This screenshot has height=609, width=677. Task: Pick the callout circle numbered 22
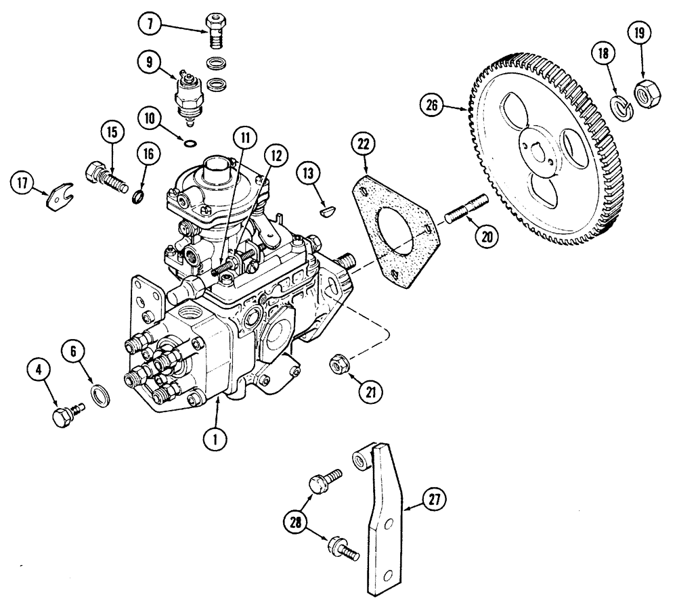(365, 143)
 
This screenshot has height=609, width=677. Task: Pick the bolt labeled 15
(107, 177)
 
